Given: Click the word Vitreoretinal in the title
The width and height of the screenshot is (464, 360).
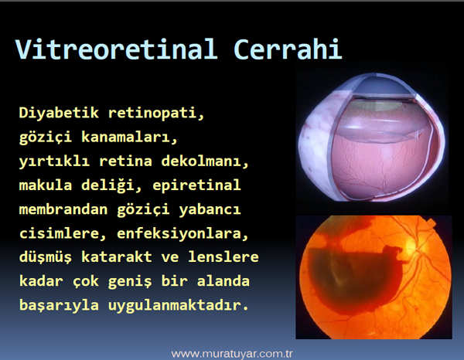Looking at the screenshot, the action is coord(117,49).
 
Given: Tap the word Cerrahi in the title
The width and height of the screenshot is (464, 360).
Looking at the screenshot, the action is coord(288,49).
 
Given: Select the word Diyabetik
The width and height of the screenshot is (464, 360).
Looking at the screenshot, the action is coord(59,114).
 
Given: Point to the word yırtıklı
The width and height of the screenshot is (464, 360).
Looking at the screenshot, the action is coord(54,161).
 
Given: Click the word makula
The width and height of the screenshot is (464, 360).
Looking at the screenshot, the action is coord(46,185).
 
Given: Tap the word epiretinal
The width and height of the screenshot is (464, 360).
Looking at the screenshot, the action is coord(196,186).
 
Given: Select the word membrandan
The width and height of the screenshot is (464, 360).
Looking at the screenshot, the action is coord(63,209).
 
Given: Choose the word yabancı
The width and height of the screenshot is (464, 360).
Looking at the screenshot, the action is coord(210,210).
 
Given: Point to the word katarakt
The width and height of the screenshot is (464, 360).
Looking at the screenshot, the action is coord(116,257).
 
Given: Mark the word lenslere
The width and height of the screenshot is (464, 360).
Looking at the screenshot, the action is coord(223,257).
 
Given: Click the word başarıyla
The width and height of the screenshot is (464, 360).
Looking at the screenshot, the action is coord(59,306).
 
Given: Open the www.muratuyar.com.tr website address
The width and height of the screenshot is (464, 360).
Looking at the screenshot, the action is coord(232,354).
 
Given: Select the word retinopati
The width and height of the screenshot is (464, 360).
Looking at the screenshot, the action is coord(156,114).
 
